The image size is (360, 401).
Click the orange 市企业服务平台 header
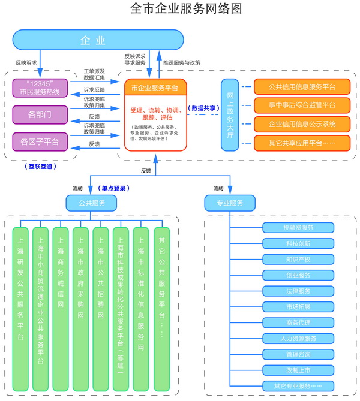click(x=155, y=88)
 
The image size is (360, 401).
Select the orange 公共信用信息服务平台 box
click(x=302, y=87)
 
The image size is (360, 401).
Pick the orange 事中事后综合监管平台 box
click(x=302, y=105)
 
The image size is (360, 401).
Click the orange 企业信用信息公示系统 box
click(x=302, y=124)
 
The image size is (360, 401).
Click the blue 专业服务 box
click(x=229, y=203)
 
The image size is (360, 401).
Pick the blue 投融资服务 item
click(x=298, y=228)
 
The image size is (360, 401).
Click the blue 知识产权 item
click(x=298, y=260)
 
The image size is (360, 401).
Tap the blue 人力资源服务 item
click(x=298, y=338)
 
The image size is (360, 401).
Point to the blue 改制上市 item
click(x=298, y=369)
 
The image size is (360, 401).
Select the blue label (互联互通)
click(x=40, y=167)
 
